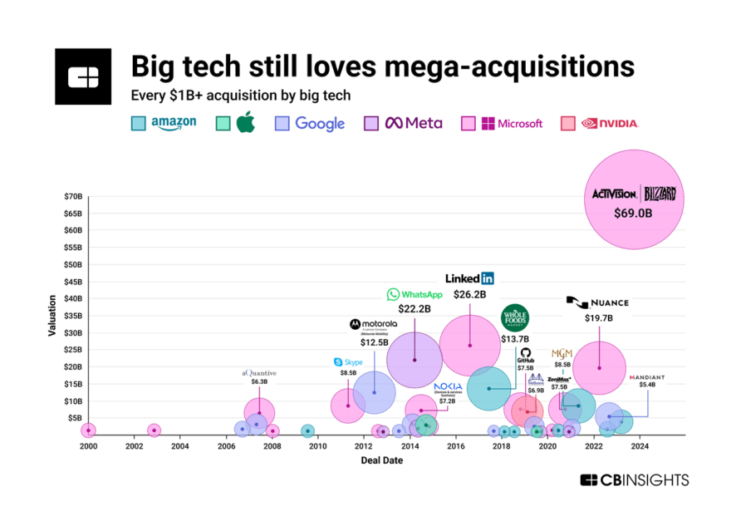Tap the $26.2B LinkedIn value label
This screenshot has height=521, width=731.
pyautogui.click(x=470, y=294)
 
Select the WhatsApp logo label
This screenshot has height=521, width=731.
pyautogui.click(x=415, y=294)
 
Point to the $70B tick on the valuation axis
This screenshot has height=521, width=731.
pyautogui.click(x=74, y=196)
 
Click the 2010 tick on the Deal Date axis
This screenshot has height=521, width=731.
pyautogui.click(x=317, y=446)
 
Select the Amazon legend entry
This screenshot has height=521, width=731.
pyautogui.click(x=164, y=123)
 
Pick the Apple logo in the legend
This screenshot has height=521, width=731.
pyautogui.click(x=246, y=122)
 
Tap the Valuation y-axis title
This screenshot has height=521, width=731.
pyautogui.click(x=52, y=317)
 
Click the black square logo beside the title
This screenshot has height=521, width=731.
pyautogui.click(x=83, y=76)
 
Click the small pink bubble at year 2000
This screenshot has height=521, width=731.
pyautogui.click(x=88, y=430)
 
